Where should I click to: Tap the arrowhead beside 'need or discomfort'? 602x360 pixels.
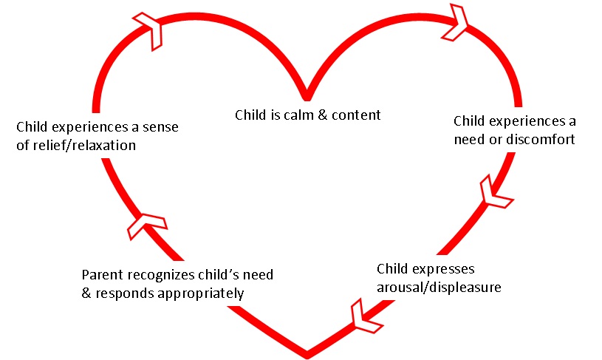click(493, 192)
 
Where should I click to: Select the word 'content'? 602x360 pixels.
click(358, 115)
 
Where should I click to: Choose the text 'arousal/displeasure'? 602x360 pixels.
click(439, 287)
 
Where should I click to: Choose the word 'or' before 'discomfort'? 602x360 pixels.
click(492, 138)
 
